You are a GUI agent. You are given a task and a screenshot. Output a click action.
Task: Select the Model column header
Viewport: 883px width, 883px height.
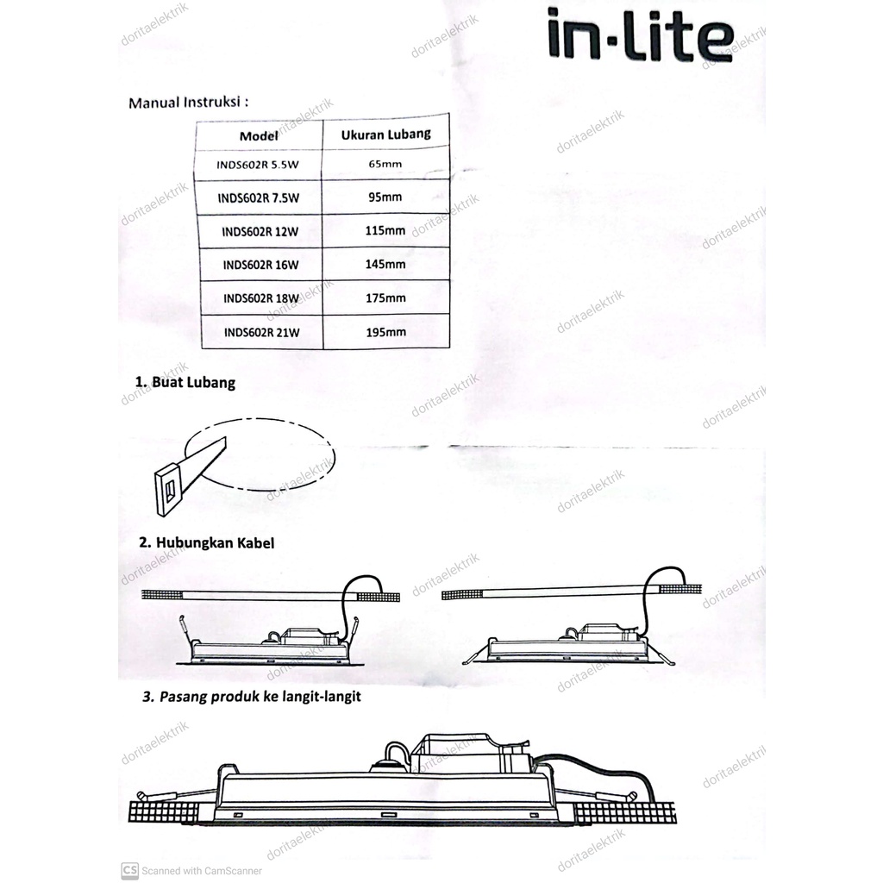259,136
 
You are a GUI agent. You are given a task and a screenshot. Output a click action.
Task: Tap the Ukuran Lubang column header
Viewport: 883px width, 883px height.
385,135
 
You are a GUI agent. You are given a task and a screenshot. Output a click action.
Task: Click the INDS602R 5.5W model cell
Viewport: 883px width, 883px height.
259,163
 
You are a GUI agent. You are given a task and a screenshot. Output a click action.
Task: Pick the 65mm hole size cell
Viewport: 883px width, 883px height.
385,163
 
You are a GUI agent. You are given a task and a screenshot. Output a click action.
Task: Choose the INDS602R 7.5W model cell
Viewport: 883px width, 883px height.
260,197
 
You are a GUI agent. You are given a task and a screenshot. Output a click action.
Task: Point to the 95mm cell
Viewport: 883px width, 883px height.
385,197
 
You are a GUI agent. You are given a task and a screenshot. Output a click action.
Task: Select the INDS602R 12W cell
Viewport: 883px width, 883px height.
260,231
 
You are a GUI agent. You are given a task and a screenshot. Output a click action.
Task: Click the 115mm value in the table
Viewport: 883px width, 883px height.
385,231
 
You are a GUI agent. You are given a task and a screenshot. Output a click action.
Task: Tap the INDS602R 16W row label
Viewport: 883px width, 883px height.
260,265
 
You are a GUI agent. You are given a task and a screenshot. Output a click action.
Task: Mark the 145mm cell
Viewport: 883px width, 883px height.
385,265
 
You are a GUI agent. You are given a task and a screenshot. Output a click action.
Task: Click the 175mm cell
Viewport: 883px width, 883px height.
385,298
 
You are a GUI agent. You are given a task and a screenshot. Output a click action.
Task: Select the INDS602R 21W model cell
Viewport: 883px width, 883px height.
260,332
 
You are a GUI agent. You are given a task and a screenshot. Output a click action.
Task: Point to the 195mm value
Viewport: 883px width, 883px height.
385,332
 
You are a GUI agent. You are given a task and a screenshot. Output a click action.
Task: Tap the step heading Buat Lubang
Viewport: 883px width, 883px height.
185,382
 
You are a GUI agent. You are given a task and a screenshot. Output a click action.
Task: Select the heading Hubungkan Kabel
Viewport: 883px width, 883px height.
207,543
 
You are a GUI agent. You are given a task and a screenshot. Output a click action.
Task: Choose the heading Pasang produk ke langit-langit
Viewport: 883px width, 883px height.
251,697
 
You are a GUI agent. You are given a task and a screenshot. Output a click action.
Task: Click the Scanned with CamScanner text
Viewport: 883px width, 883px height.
191,870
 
